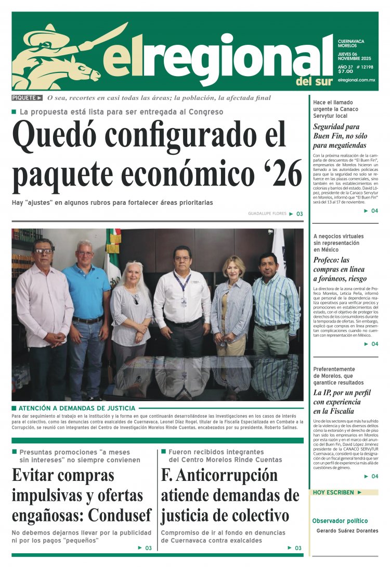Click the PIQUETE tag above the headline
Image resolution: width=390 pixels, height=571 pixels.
(27, 98)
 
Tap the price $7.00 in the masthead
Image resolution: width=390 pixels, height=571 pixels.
(345, 71)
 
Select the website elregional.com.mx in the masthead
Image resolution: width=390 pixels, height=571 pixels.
(356, 80)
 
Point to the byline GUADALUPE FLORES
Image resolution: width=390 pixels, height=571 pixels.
(267, 214)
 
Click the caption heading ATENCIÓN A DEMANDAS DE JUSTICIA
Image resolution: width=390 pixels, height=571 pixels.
(76, 408)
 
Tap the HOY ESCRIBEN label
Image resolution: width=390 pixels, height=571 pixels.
(333, 492)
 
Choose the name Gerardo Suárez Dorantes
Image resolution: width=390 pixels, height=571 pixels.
(347, 531)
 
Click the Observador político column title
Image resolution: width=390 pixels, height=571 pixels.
(340, 521)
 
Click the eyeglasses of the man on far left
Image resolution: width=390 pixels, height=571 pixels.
(44, 251)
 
